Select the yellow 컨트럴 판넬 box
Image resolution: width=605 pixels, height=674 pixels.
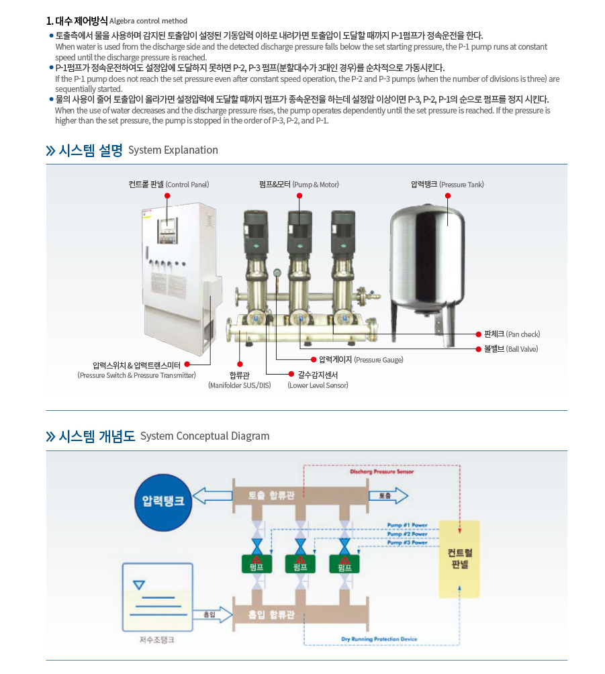459,559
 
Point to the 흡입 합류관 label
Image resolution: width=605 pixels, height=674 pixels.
271,614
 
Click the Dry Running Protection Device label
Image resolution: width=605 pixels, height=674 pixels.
379,639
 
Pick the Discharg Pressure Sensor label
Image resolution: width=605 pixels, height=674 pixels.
382,472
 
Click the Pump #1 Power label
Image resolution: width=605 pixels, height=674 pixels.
407,525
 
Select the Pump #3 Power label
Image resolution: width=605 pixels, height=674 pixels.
407,542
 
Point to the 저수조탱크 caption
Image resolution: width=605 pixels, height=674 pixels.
156,640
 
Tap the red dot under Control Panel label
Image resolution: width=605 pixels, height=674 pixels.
167,195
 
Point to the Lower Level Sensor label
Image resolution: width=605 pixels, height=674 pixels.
318,385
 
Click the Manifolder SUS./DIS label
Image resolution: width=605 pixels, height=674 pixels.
240,385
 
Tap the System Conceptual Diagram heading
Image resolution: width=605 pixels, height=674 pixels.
205,436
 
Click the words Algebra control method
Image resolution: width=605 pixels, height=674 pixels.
148,21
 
